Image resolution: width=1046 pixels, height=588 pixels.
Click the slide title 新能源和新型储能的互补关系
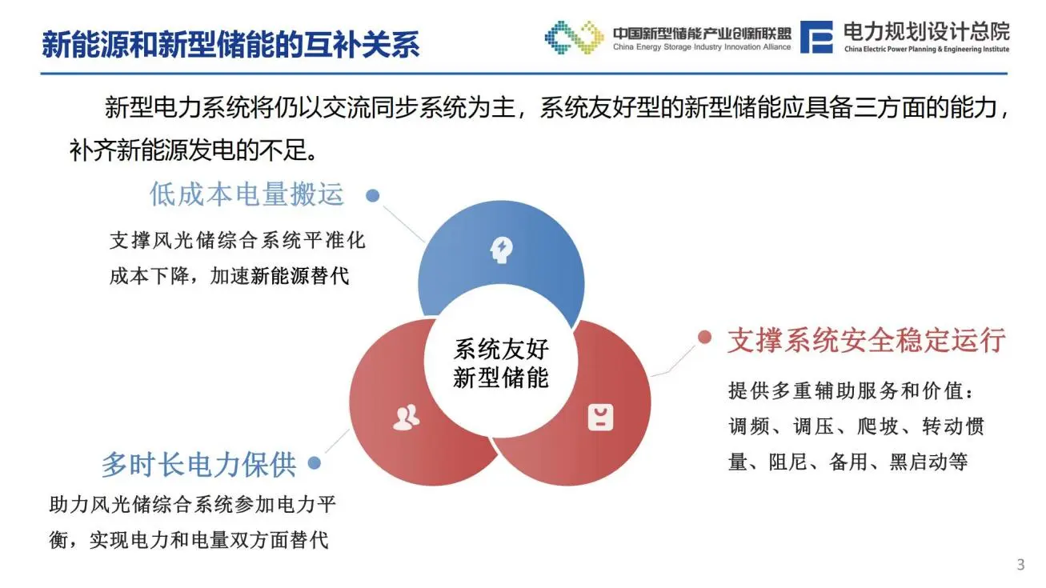coord(230,45)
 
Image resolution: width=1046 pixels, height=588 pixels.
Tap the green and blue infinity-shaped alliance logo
coord(574,37)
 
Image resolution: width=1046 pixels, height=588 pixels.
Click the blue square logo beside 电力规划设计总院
coord(816,37)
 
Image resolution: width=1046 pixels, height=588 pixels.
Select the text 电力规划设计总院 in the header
coord(926,31)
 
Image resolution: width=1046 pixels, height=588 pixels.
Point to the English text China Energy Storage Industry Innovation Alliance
coord(701,47)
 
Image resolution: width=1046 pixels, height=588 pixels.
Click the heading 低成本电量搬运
coord(246,194)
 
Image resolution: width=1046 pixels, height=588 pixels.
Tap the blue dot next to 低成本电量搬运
coord(372,195)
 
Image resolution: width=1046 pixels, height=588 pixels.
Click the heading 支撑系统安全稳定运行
coord(866,340)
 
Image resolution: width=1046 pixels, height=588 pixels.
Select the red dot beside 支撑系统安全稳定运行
coord(704,337)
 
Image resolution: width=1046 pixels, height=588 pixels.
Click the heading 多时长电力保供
coord(198,464)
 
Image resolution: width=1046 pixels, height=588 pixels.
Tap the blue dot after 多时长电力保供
coord(315,463)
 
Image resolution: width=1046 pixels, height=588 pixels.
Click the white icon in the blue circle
coord(501,251)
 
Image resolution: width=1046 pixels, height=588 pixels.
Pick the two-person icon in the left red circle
coord(407,417)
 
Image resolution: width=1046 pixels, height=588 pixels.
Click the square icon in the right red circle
coord(600,417)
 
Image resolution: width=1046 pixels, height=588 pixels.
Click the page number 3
coord(1020,565)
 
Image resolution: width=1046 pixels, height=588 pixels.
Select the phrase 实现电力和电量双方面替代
coord(209,540)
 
